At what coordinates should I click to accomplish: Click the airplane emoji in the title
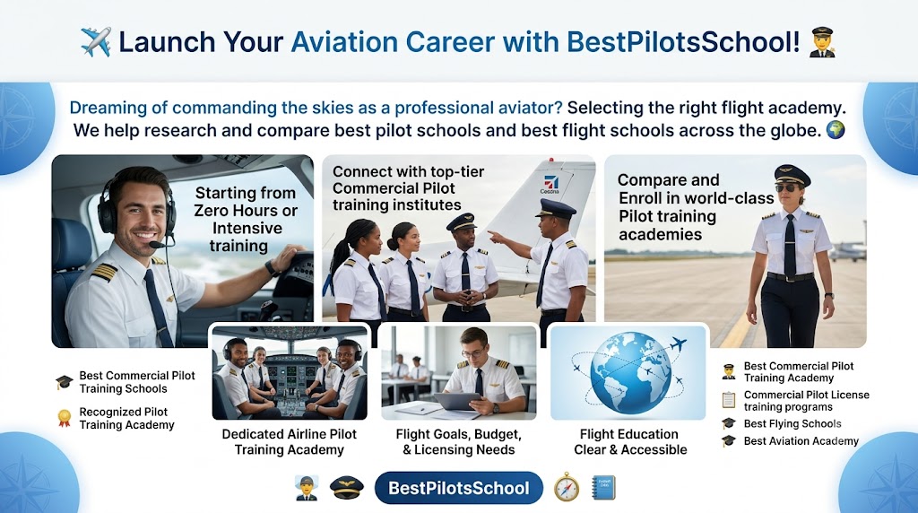96,41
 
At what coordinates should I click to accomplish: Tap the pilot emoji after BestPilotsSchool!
822,41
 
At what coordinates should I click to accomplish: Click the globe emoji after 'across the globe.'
836,129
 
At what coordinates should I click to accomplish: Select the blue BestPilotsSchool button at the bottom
459,488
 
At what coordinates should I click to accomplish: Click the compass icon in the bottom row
567,487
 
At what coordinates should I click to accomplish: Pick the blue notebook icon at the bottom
603,488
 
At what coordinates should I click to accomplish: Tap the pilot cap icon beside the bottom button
347,487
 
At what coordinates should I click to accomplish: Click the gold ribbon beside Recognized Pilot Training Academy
64,418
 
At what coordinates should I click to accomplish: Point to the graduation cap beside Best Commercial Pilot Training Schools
64,382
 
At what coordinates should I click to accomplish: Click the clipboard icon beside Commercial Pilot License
728,400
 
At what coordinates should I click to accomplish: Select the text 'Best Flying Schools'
792,423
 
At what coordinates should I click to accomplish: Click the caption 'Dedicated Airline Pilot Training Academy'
290,441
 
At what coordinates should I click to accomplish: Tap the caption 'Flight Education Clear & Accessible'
630,441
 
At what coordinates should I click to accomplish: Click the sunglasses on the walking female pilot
786,188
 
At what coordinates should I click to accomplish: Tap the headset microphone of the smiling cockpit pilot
158,244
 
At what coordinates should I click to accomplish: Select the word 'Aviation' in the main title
345,42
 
